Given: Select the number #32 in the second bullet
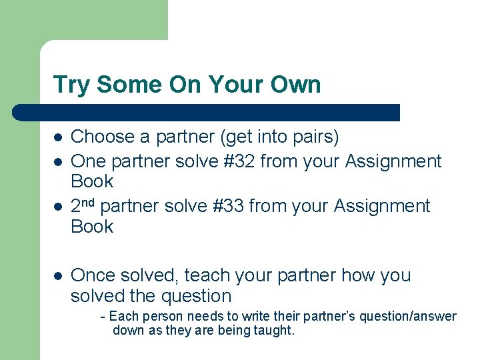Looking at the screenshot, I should coord(237,161).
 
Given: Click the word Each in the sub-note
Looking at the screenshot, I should coord(122,316).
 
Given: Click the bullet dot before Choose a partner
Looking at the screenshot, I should coord(58,138).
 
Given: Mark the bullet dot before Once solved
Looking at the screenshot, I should coord(58,276).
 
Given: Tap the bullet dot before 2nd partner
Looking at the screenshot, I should coord(58,207).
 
